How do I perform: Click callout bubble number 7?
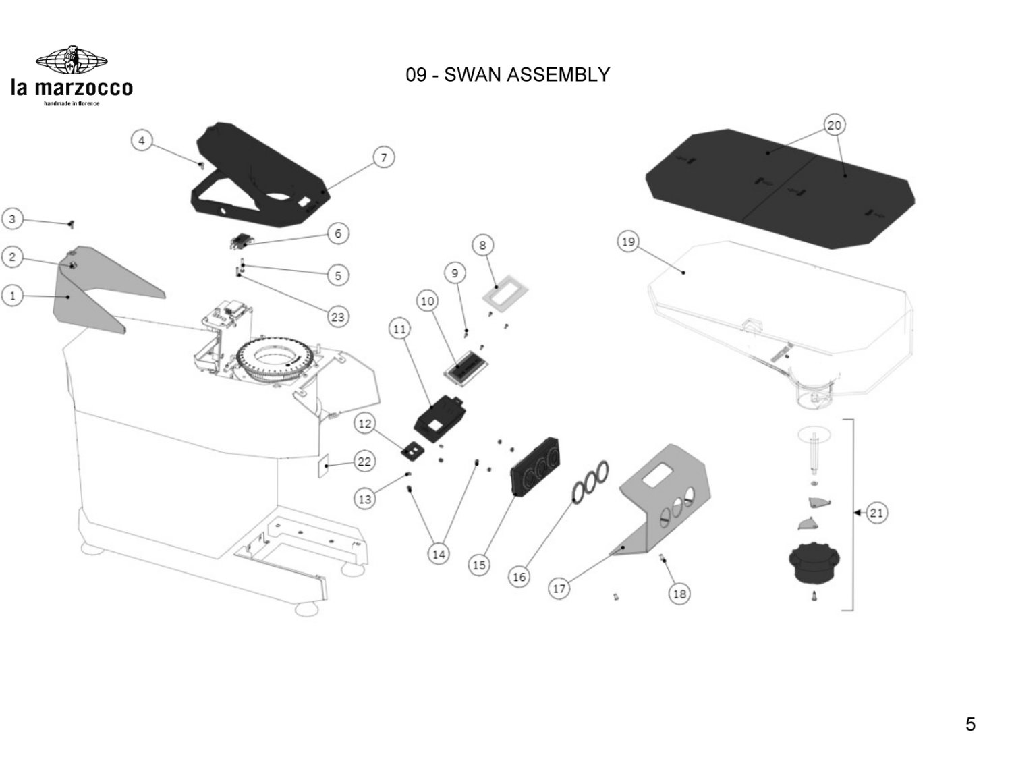pyautogui.click(x=384, y=158)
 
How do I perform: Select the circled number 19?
pyautogui.click(x=628, y=242)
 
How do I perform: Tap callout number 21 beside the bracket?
pyautogui.click(x=876, y=513)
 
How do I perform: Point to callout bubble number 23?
pyautogui.click(x=337, y=316)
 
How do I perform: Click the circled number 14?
pyautogui.click(x=439, y=554)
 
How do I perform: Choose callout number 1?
pyautogui.click(x=12, y=296)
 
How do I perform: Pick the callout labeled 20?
pyautogui.click(x=835, y=125)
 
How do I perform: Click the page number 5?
pyautogui.click(x=970, y=725)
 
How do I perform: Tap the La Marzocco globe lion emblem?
pyautogui.click(x=71, y=61)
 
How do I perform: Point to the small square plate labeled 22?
pyautogui.click(x=324, y=466)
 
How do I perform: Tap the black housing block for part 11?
pyautogui.click(x=440, y=414)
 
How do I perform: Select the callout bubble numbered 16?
pyautogui.click(x=519, y=577)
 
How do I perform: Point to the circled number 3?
pyautogui.click(x=12, y=219)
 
